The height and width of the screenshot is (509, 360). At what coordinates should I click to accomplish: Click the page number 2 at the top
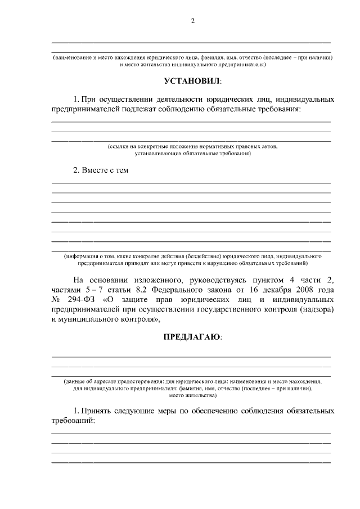coord(192,21)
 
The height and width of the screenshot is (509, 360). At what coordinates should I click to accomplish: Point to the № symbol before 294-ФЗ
coord(56,299)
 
